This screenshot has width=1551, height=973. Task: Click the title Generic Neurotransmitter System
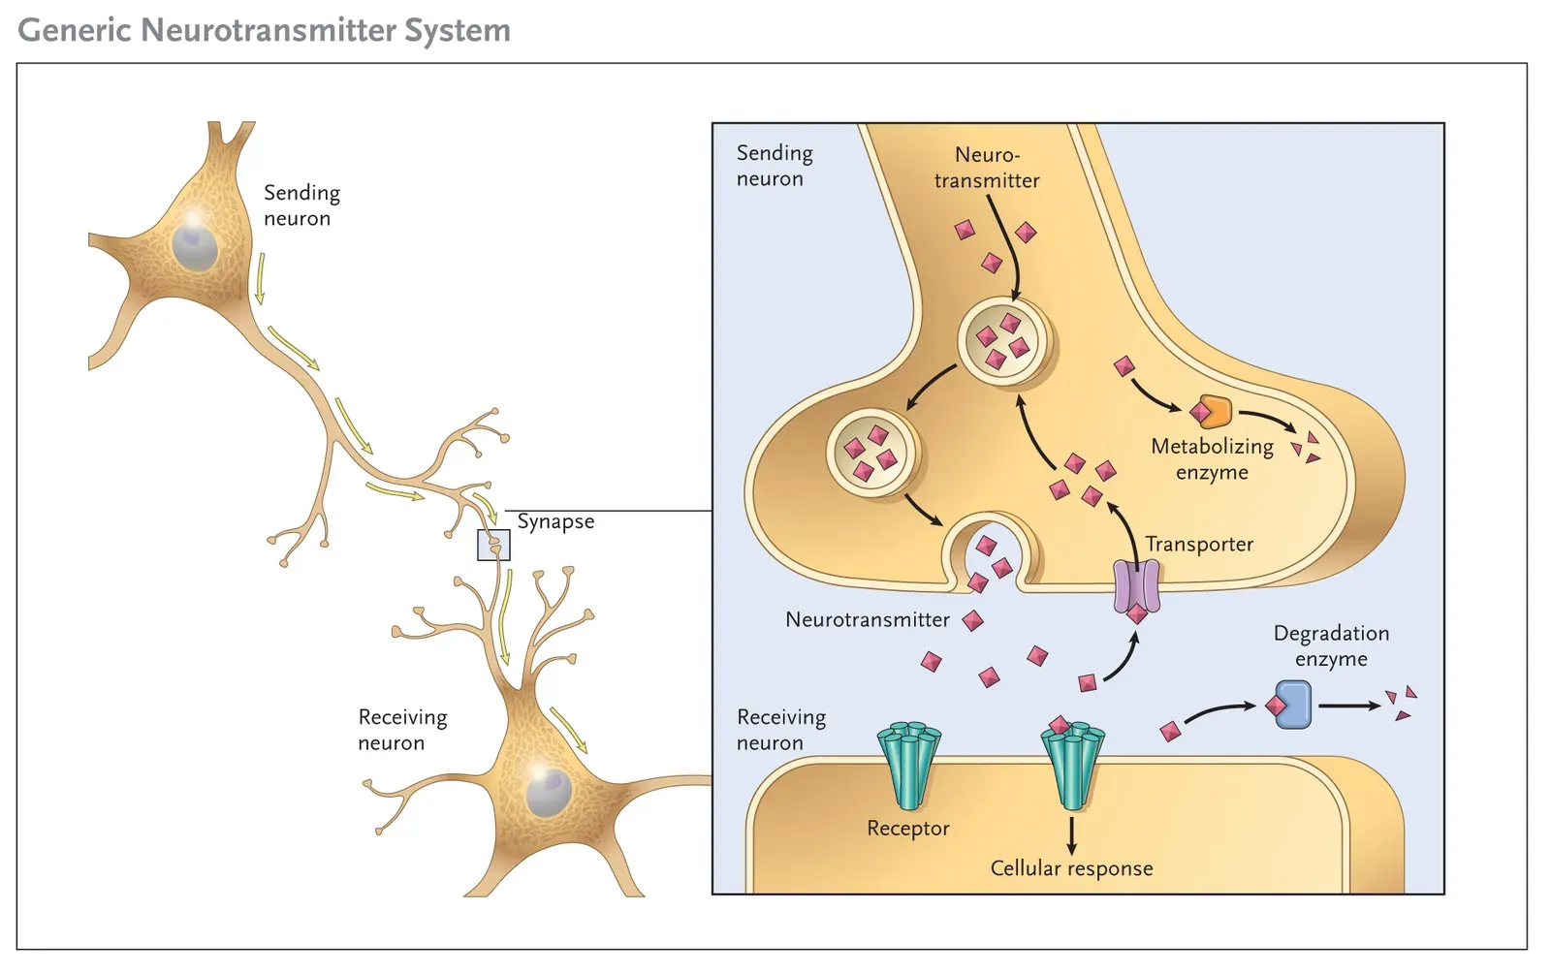264,30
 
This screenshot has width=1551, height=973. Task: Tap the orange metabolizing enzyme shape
1214,412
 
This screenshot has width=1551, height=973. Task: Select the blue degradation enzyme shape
1293,705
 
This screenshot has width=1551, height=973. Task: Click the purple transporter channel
1135,586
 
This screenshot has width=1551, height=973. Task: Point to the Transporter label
1199,544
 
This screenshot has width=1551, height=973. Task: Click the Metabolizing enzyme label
1212,458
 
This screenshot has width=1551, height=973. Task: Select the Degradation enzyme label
1331,645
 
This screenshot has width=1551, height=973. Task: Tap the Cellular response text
1071,868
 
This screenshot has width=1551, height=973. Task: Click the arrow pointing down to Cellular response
1071,834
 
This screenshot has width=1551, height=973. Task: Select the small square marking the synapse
493,545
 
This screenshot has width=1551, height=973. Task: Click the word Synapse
555,521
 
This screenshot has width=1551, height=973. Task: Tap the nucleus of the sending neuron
195,247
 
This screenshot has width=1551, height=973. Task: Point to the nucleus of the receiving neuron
549,793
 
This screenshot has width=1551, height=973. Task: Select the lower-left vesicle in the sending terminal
871,453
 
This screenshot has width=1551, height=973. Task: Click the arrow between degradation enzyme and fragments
1349,706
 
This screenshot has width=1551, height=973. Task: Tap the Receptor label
907,829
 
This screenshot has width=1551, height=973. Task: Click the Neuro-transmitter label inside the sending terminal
987,168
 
